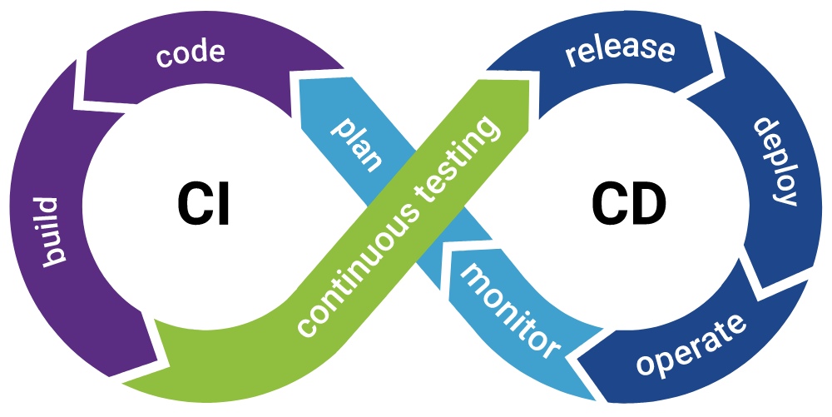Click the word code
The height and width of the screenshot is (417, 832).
190,53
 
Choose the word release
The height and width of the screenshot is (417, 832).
620,50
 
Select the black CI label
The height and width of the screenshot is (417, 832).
203,204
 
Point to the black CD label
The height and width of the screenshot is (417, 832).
628,204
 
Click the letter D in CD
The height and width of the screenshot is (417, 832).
648,204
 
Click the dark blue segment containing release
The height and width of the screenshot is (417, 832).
610,58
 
